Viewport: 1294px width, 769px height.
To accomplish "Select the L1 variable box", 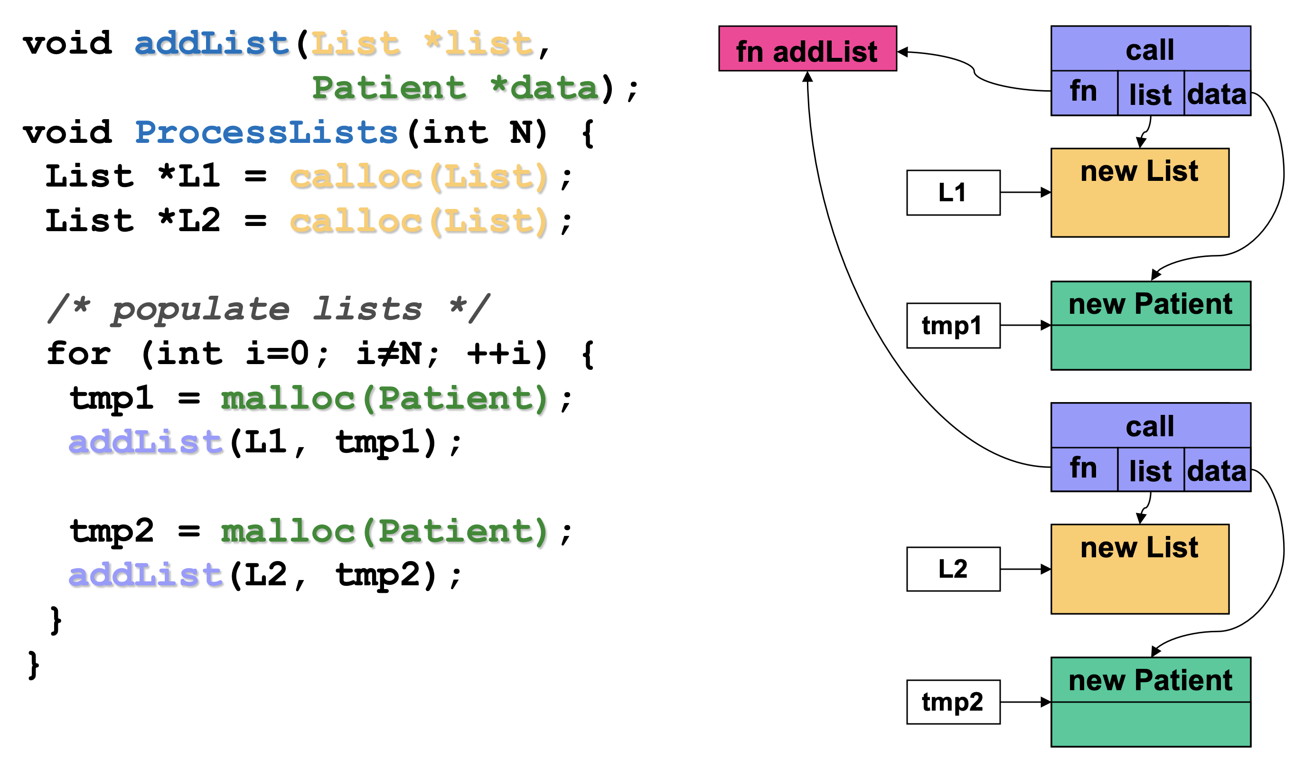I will pyautogui.click(x=953, y=193).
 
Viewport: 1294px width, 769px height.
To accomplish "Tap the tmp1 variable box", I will pyautogui.click(x=953, y=326).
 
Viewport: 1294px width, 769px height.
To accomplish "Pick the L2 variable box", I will pyautogui.click(x=953, y=569).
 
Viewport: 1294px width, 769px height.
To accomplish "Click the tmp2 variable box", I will pyautogui.click(x=953, y=702).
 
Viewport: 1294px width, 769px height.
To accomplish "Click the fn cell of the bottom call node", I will pyautogui.click(x=1084, y=469).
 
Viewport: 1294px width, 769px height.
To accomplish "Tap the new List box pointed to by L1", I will pyautogui.click(x=1139, y=193).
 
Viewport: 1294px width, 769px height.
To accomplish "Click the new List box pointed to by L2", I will pyautogui.click(x=1139, y=569).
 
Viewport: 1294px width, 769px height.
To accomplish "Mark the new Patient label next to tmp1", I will pyautogui.click(x=1150, y=304).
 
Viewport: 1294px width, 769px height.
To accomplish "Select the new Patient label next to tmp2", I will pyautogui.click(x=1150, y=680).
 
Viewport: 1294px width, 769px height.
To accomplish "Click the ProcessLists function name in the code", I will pyautogui.click(x=266, y=132).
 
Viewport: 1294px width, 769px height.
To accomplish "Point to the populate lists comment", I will pyautogui.click(x=269, y=309).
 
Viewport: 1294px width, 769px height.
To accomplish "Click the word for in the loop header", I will pyautogui.click(x=79, y=355).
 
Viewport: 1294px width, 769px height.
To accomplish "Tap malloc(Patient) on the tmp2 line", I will pyautogui.click(x=384, y=532).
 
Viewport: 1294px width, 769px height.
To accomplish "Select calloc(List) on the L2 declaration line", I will pyautogui.click(x=419, y=222).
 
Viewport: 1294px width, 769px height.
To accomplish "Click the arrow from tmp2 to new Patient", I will pyautogui.click(x=1024, y=702).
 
